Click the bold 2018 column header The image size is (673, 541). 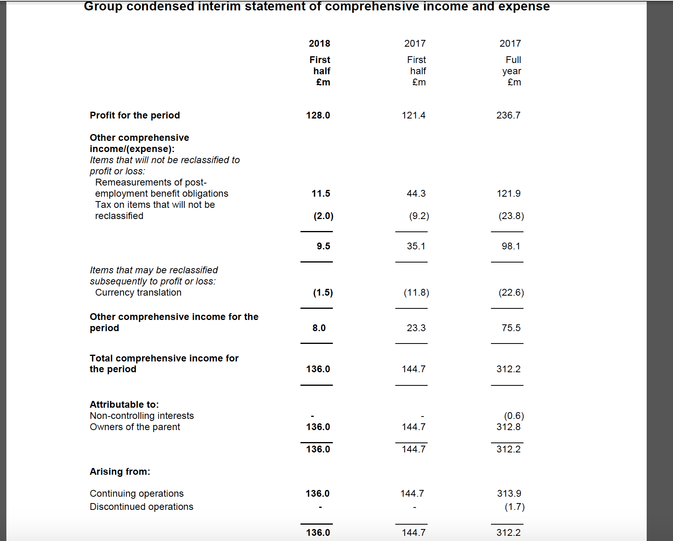[x=319, y=43]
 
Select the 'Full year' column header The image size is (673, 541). [x=512, y=65]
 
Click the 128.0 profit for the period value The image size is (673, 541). [x=318, y=115]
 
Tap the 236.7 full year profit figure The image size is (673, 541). [x=508, y=115]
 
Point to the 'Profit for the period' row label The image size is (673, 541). [x=135, y=115]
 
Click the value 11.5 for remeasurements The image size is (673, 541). [x=321, y=193]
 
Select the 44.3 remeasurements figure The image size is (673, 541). [x=416, y=193]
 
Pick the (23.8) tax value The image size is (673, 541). [x=511, y=216]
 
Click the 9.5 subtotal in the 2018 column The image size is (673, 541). [x=323, y=246]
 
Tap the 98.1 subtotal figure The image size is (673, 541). [x=511, y=246]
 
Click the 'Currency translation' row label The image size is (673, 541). [x=138, y=292]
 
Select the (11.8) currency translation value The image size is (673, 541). [x=416, y=292]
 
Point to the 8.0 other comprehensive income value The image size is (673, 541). [x=319, y=328]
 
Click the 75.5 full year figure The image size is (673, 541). [x=511, y=328]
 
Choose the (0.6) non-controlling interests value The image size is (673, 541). [x=514, y=416]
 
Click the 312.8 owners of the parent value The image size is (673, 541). [x=508, y=427]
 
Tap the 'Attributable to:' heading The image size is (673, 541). [x=124, y=405]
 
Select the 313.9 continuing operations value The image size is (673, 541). [x=509, y=494]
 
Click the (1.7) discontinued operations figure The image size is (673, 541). [x=515, y=507]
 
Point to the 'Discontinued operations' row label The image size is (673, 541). [x=141, y=507]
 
